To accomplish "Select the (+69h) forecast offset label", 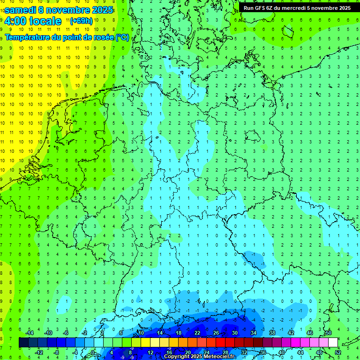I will [x=81, y=21].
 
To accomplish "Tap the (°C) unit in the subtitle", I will [x=122, y=37].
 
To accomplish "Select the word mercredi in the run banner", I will [x=302, y=7].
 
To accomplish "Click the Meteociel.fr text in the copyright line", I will [x=219, y=357].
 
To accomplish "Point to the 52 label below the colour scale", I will [x=338, y=352].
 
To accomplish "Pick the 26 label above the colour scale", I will [x=216, y=333].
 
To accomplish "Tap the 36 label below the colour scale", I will [x=263, y=352].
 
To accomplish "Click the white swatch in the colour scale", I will [x=333, y=343].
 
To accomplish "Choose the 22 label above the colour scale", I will [x=197, y=333].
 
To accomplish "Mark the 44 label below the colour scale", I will [x=300, y=352].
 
